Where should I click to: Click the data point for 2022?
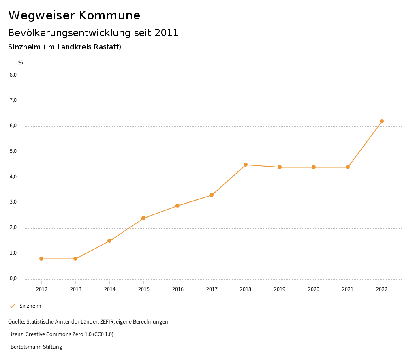(x=382, y=121)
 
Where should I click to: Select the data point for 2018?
(x=246, y=165)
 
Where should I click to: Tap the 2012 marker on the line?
(x=41, y=259)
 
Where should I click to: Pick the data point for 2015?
(x=143, y=218)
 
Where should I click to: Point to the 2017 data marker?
(x=212, y=195)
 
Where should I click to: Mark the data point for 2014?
(x=109, y=241)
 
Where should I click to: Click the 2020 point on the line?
(x=314, y=167)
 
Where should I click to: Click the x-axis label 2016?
(x=178, y=289)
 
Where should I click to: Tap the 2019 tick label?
(x=280, y=289)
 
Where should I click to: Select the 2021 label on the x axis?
(x=348, y=289)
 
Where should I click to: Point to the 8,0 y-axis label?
(x=13, y=75)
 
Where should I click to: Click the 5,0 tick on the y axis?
(x=13, y=152)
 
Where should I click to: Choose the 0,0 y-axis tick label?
(x=13, y=279)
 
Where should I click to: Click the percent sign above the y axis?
(x=21, y=63)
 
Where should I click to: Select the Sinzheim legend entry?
(x=30, y=306)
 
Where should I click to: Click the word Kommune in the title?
(x=109, y=15)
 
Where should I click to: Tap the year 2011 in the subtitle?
(x=167, y=33)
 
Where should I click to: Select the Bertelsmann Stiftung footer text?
(x=36, y=347)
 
